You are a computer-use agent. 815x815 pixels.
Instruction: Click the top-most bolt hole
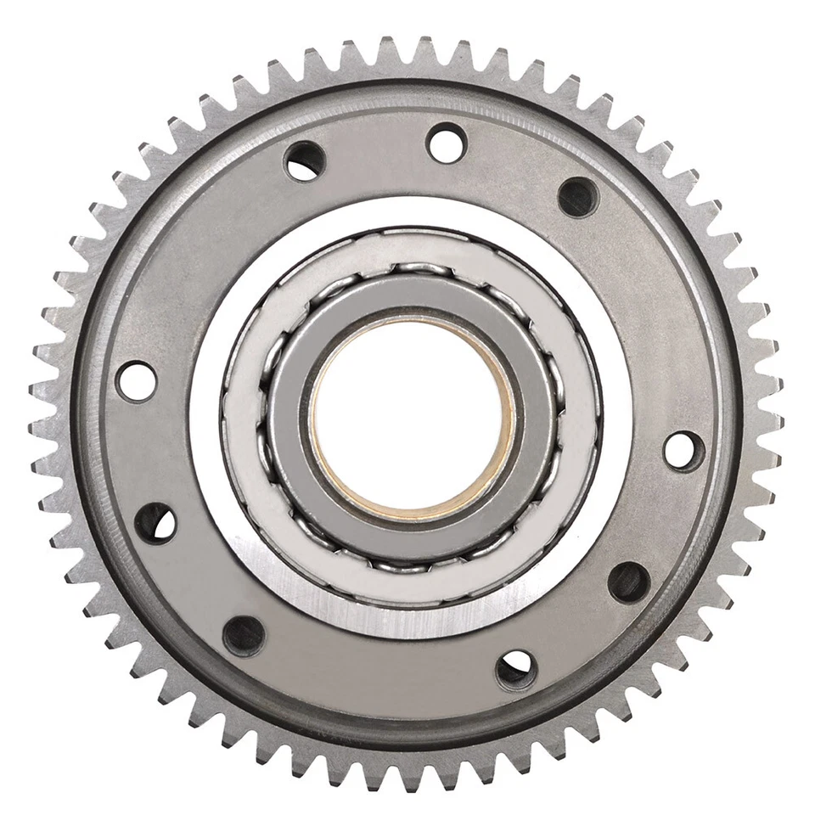point(447,143)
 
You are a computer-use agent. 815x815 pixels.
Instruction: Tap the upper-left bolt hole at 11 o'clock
point(305,160)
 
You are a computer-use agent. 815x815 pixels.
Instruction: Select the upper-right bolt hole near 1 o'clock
point(578,197)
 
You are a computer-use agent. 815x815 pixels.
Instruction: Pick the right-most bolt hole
point(683,450)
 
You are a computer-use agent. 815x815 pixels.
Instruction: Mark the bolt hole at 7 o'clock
point(244,636)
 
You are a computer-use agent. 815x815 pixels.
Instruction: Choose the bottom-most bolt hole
point(516,670)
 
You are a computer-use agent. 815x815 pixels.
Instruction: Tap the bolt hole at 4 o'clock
point(629,582)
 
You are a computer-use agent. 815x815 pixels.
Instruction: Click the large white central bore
point(413,416)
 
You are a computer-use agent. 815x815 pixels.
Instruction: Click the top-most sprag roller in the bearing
point(413,271)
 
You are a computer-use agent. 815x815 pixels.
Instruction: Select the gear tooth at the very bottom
point(407,776)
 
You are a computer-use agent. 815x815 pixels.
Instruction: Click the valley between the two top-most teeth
point(407,53)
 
